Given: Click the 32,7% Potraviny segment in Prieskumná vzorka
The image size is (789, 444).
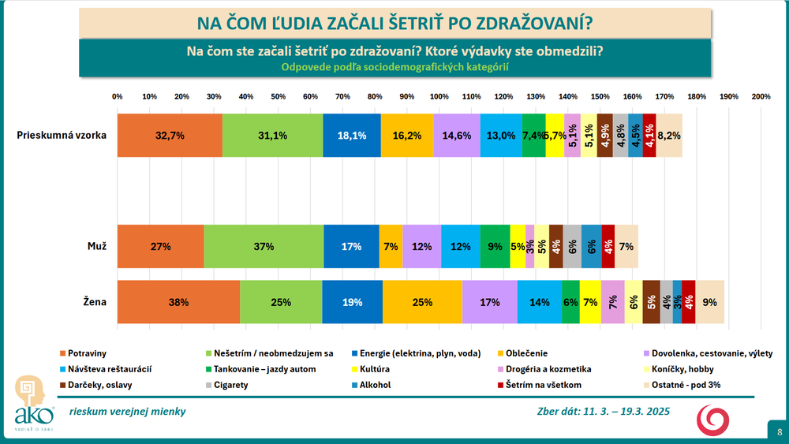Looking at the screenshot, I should (x=170, y=135).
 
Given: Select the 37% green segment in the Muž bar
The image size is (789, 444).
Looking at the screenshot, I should (x=264, y=246).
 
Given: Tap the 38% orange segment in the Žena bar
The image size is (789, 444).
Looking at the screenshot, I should (x=178, y=301).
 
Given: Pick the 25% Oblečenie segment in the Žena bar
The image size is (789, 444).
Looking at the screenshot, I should (x=422, y=301).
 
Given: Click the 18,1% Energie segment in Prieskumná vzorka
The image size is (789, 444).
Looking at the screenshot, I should (x=352, y=135).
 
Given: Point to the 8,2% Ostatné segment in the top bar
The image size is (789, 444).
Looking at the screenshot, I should (x=669, y=135).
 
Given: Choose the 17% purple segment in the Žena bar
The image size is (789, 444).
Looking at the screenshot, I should (x=489, y=301).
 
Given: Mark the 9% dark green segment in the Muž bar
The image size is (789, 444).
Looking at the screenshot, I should (x=495, y=246).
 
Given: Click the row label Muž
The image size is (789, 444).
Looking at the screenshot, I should (x=97, y=246).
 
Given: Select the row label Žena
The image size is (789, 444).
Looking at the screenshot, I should (x=95, y=301).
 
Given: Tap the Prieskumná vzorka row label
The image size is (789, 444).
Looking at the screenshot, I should (x=62, y=135).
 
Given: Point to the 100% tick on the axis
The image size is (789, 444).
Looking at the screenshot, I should (x=439, y=96).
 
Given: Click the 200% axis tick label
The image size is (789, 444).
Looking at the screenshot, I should (x=761, y=96).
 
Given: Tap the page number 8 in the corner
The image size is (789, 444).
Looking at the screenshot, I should (x=779, y=431).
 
